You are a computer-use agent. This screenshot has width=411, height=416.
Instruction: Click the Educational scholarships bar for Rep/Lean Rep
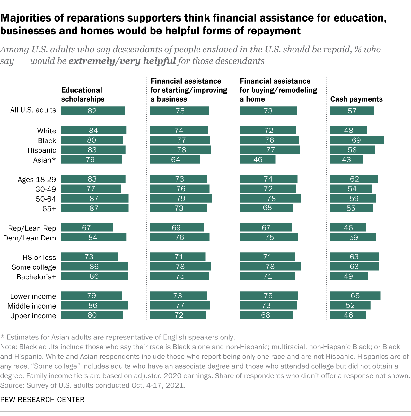87,228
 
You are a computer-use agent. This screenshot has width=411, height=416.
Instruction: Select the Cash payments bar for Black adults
356,140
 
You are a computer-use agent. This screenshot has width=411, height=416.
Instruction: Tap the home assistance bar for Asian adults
258,159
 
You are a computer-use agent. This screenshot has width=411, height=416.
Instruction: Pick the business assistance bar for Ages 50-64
181,198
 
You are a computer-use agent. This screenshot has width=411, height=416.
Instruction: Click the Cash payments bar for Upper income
348,315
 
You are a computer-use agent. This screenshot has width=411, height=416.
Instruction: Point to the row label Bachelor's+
36,277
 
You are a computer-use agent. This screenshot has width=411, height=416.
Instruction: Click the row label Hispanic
42,150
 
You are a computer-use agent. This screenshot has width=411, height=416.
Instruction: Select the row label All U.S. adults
33,110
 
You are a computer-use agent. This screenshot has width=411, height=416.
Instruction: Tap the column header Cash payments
356,99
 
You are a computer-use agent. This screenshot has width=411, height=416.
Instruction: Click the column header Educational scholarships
83,95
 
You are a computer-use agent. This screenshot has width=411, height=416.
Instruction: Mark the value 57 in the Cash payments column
352,111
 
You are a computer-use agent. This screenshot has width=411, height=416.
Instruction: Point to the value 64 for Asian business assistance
176,160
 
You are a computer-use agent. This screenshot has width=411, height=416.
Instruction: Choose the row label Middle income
32,306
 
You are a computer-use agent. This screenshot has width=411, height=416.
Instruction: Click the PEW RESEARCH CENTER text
42,400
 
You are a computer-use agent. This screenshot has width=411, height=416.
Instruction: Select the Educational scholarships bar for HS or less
89,257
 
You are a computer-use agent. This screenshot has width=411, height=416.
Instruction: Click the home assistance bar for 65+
266,208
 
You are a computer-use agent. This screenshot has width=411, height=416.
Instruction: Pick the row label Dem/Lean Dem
30,238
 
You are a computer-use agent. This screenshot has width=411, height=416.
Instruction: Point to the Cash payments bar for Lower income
355,295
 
